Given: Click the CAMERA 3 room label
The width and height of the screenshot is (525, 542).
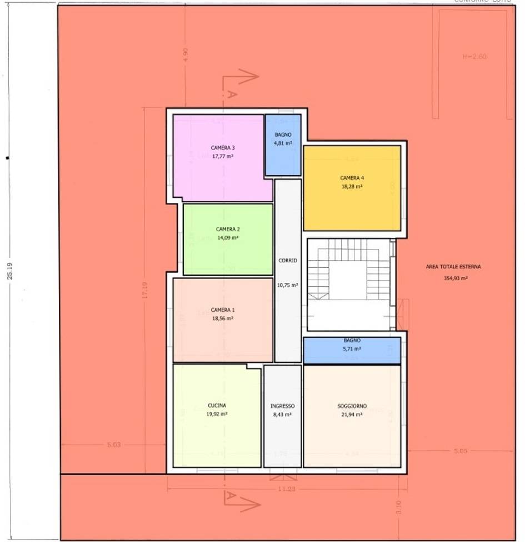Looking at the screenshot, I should coord(223,148).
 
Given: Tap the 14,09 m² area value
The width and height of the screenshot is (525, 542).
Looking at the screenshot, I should coord(228,237).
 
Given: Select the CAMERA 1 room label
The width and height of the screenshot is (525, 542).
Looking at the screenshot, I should coord(223,310).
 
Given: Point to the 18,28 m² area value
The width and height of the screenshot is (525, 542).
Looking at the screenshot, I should coord(352,187).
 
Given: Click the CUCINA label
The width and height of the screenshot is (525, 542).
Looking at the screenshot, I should coord(217,405).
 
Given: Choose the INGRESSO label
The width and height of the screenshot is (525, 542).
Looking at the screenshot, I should coord(283,406).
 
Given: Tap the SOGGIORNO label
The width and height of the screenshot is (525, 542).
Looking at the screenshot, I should coord(352,406).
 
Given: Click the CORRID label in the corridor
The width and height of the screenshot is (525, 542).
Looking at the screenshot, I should coord(288,260).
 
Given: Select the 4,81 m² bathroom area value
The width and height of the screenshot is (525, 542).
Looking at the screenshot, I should coord(283,143).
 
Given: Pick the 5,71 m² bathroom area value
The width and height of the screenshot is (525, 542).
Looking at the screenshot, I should coord(352,349).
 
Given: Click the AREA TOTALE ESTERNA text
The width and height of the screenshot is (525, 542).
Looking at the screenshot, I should coord(453,267).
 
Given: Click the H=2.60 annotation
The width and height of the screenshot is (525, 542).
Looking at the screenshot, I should coord(475,57).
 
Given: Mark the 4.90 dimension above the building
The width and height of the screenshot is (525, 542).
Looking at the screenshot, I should coord(186,54).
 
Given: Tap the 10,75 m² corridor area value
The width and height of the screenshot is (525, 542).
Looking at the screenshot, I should coord(288,285).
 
